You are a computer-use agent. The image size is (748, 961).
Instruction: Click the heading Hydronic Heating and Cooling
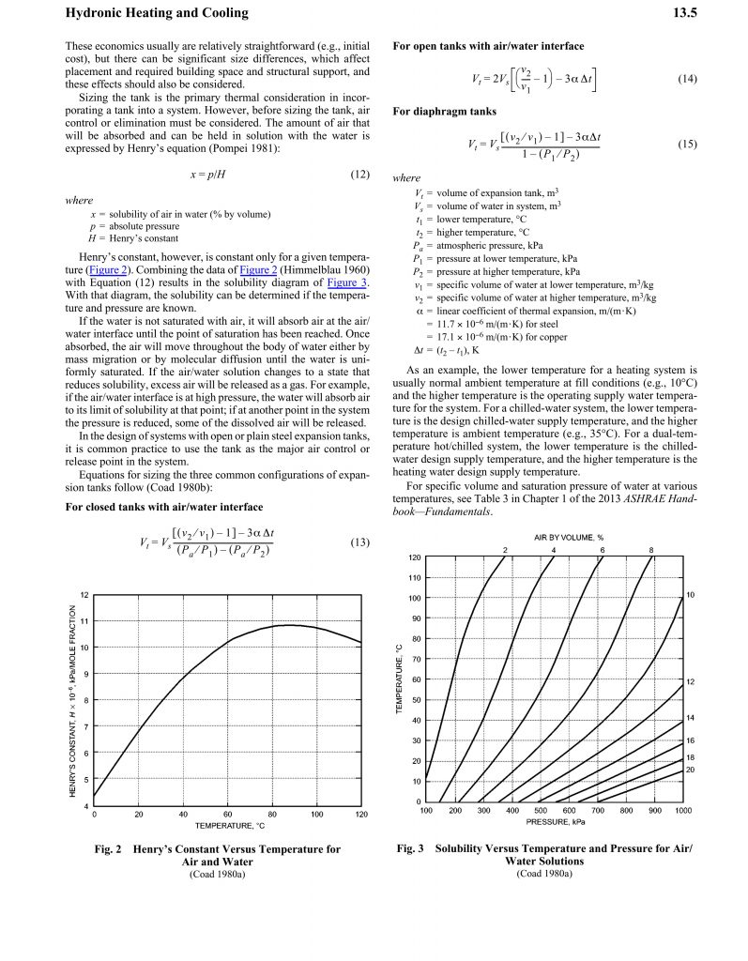coord(157,13)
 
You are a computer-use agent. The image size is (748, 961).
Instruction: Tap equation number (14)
coord(687,79)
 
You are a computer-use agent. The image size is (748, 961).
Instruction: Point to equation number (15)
coord(687,145)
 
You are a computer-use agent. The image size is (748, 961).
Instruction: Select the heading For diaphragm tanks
coord(444,112)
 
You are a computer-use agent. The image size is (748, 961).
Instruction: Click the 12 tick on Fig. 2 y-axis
coord(84,595)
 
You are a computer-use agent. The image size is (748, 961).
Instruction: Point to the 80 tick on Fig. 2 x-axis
coord(272,814)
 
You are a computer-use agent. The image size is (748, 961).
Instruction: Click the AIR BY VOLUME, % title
coord(569,537)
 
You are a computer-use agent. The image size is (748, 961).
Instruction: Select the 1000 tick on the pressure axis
coord(682,810)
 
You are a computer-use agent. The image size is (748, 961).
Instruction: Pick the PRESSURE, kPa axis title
coord(556,821)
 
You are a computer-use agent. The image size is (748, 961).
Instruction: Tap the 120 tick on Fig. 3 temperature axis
coord(414,557)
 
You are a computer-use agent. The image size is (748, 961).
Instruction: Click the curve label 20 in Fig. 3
coord(690,770)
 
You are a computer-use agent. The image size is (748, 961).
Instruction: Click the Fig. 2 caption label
coord(114,849)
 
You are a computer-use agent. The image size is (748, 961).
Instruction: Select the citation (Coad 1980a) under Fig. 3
coord(543,873)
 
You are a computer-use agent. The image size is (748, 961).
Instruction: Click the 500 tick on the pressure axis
coord(541,810)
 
